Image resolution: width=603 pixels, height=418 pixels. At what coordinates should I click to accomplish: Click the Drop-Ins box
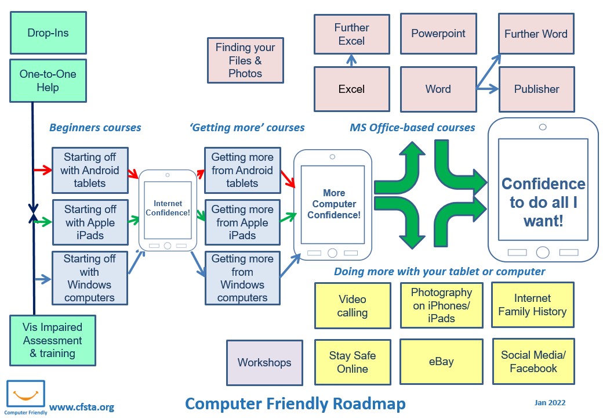click(48, 33)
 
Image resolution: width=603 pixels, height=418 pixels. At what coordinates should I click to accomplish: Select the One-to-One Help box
click(48, 81)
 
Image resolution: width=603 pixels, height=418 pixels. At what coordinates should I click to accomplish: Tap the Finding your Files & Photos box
click(245, 60)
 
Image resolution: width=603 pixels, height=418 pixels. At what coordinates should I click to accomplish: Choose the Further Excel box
click(351, 34)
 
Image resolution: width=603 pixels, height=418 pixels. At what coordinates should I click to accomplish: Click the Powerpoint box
click(438, 34)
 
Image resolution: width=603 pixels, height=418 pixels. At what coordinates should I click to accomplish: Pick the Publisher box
click(536, 89)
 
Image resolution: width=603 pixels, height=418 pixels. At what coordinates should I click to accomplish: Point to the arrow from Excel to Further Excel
click(351, 60)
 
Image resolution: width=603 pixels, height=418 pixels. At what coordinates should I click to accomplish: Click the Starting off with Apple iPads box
click(90, 222)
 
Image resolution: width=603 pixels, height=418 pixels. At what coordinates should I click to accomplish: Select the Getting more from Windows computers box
click(242, 278)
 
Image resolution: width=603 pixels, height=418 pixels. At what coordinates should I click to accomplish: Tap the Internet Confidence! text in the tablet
click(168, 208)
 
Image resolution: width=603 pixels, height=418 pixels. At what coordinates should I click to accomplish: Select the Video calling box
click(352, 306)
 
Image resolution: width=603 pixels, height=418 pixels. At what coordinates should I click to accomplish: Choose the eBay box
click(441, 362)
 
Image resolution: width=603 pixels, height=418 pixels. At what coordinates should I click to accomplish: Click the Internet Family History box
click(532, 305)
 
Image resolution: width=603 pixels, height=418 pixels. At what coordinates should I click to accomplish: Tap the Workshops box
click(264, 363)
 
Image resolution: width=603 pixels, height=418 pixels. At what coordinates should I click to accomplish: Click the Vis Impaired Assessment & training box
click(53, 340)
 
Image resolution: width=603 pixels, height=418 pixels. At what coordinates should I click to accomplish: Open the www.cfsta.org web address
click(82, 407)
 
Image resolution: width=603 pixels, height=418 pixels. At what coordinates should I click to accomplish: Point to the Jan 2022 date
click(550, 402)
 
